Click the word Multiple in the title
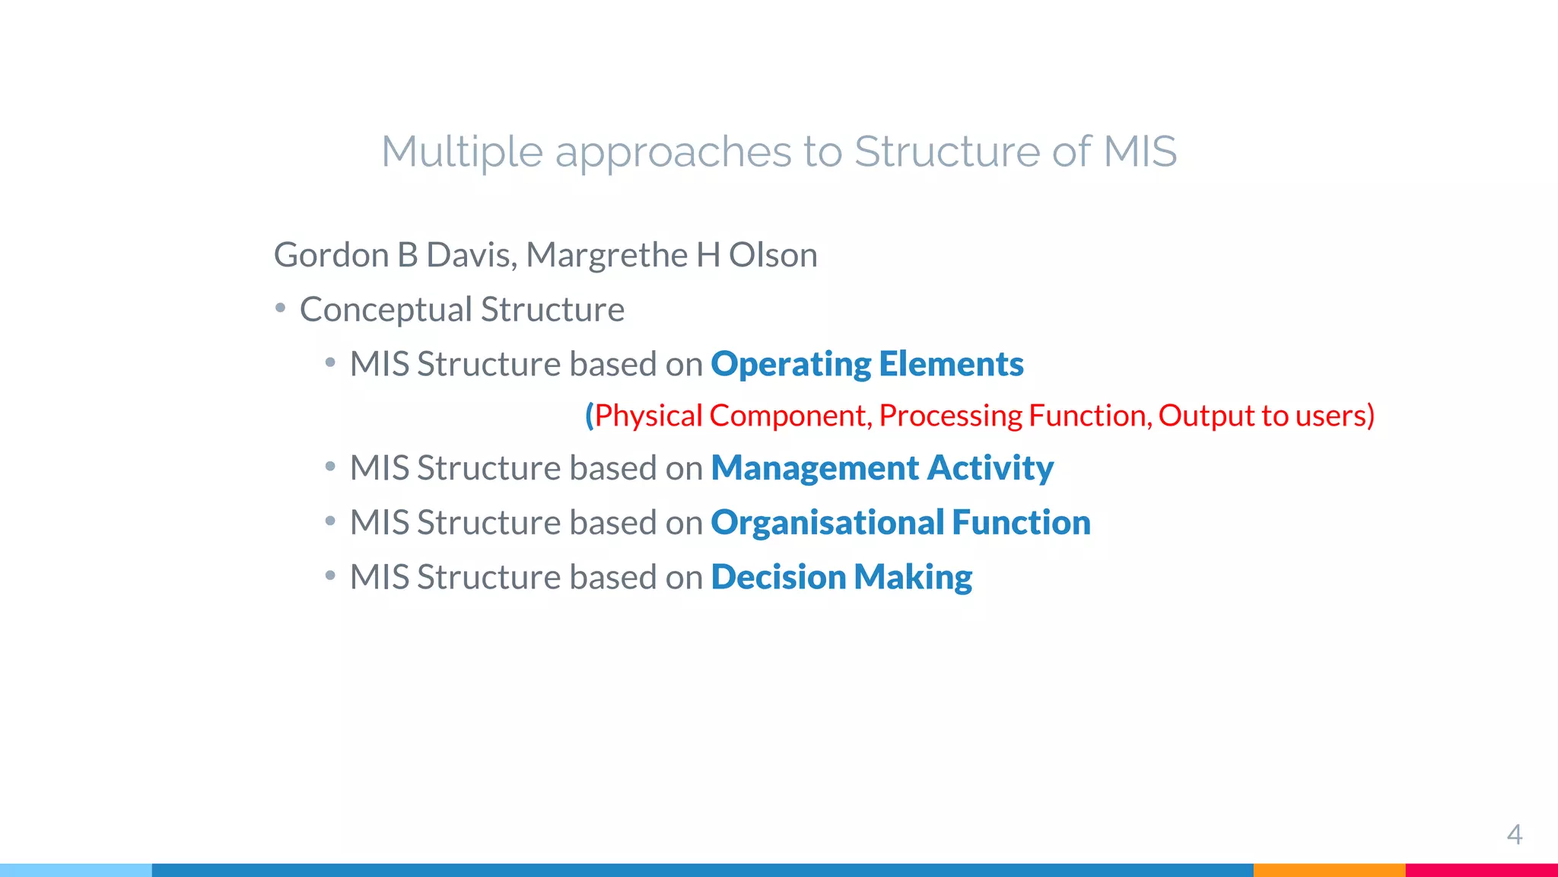coord(461,151)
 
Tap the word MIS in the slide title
coord(1139,151)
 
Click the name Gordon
coord(331,255)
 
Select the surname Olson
coord(773,255)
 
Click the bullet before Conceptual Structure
coord(281,308)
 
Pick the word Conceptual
coord(386,311)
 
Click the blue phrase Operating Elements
coord(866,365)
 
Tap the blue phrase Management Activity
coord(882,468)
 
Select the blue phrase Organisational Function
coord(900,523)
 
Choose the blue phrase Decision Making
coord(841,578)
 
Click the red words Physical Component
coord(730,416)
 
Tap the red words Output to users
coord(1263,416)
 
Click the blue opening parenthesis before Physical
coord(589,416)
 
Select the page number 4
coord(1514,835)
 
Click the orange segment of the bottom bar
coord(1328,870)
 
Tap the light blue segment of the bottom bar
coord(76,870)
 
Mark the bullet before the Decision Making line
coord(330,576)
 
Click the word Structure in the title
coord(946,151)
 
